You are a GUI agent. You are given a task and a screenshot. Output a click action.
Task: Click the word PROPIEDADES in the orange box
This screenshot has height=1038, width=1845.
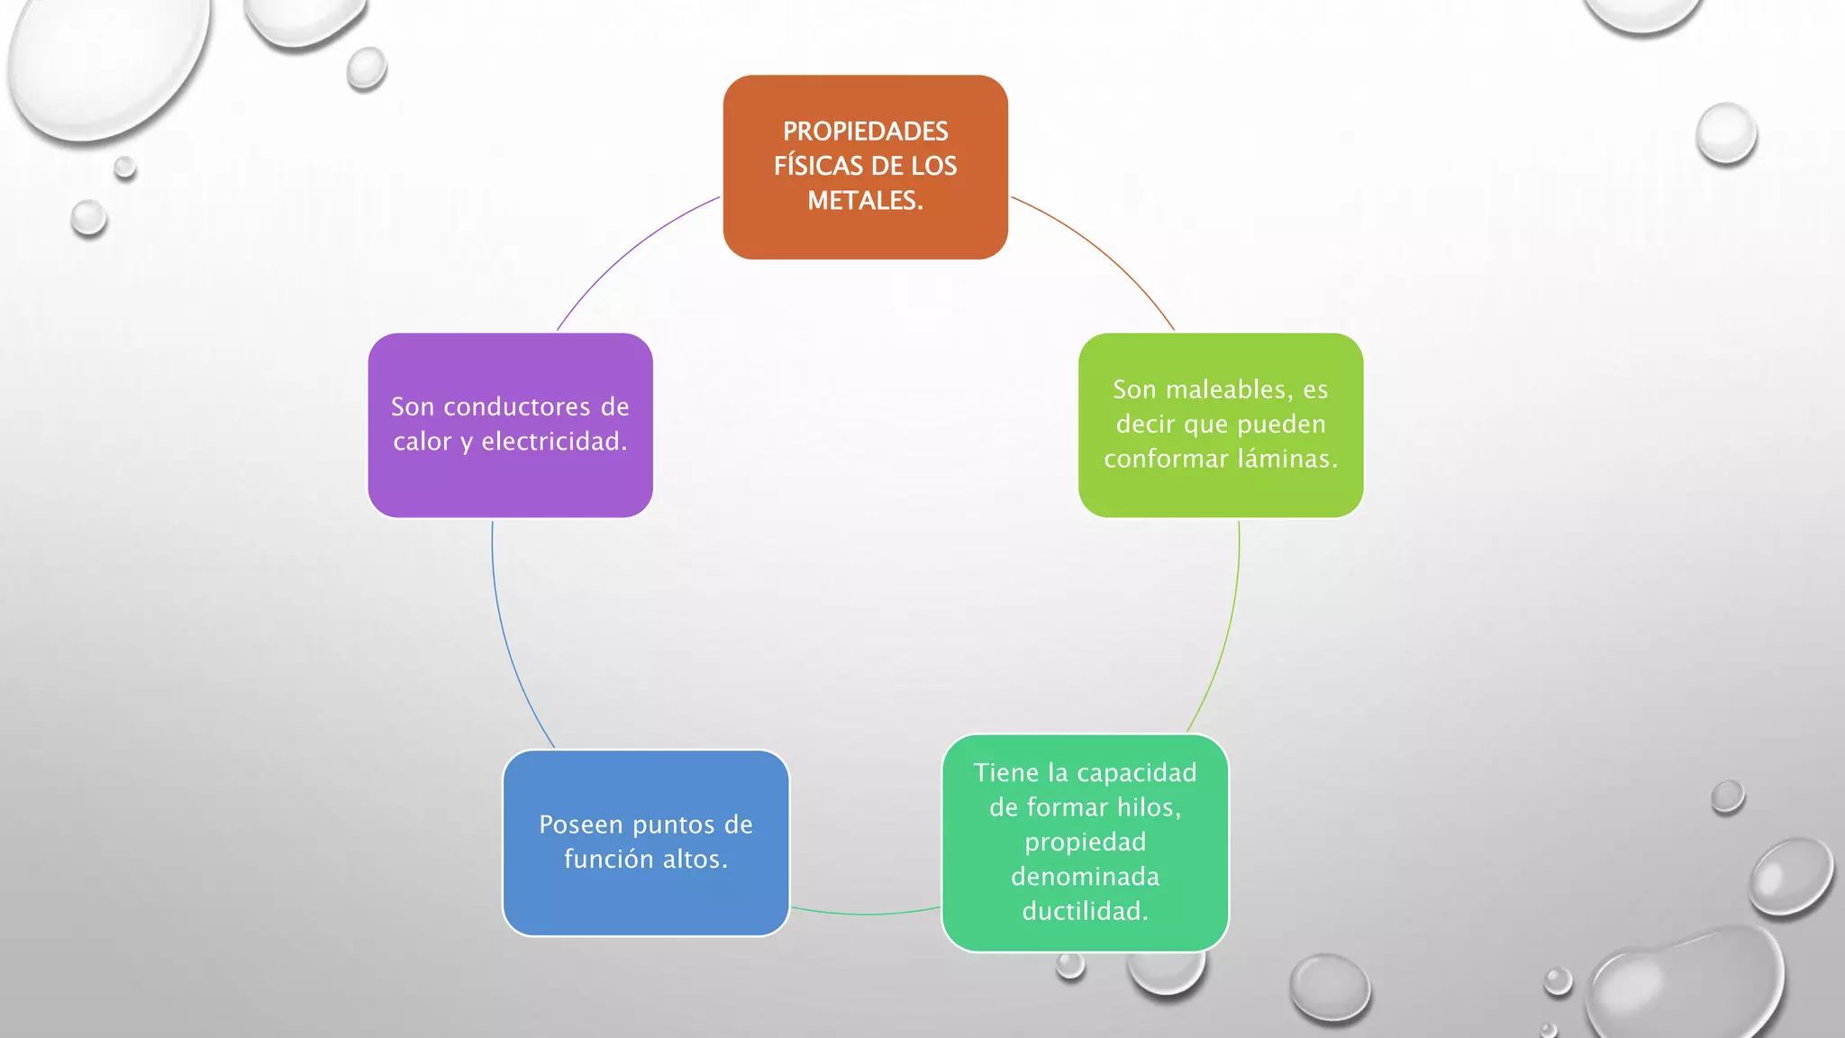[865, 132]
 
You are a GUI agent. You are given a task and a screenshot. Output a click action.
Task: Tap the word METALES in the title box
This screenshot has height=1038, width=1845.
[863, 201]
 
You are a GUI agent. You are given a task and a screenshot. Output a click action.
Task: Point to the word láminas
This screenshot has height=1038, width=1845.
[1286, 459]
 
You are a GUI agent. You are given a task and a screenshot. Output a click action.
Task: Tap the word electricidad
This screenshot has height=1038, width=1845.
[553, 442]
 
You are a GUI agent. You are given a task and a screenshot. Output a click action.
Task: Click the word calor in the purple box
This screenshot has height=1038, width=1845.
[422, 442]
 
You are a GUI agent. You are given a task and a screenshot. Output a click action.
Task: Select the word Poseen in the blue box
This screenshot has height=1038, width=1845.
[581, 824]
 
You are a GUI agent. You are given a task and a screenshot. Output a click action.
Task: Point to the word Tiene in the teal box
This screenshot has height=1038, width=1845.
[1005, 772]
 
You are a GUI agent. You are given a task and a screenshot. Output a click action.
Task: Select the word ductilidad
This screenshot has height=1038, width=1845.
[1085, 911]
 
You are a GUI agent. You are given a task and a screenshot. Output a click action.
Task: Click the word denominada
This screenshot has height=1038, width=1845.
[1085, 876]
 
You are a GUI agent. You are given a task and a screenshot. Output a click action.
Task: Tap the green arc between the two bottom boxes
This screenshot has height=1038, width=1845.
[865, 914]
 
